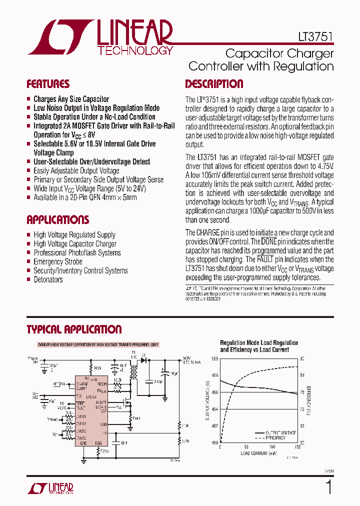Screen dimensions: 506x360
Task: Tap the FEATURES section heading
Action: (x=48, y=84)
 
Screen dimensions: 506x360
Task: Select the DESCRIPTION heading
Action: (x=214, y=84)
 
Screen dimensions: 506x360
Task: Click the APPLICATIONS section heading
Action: (x=57, y=220)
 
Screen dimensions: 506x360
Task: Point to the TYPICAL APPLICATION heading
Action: (x=74, y=329)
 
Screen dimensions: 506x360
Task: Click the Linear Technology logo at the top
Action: (x=100, y=37)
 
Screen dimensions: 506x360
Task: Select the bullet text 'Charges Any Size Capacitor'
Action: (x=71, y=99)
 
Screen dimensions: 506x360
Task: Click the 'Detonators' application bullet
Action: (x=48, y=279)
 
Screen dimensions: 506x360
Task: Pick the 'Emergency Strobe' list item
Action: (x=58, y=261)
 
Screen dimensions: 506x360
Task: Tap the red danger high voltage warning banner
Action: (x=98, y=345)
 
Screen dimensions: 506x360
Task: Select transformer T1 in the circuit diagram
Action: (x=133, y=372)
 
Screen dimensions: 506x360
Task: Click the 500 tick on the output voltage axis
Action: (x=214, y=359)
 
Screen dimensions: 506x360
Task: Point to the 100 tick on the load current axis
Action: (x=271, y=447)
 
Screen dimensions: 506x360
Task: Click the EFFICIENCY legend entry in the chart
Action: (x=274, y=438)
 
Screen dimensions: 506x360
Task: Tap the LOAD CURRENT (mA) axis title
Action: (x=258, y=454)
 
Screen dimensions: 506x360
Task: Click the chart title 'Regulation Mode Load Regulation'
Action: (x=259, y=343)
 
